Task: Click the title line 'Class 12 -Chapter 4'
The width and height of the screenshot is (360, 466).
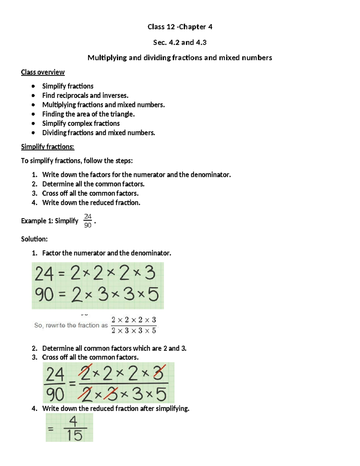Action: (180, 27)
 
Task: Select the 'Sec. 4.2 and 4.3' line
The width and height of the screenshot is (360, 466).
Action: (180, 43)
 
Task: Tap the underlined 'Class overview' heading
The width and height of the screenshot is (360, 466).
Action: (43, 72)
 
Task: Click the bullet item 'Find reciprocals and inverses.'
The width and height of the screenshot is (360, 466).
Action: (85, 95)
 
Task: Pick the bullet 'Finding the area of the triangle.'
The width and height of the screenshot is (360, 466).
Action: (88, 114)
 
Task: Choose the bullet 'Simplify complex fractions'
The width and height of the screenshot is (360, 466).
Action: (81, 123)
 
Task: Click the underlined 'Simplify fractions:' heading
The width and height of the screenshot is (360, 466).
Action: (47, 147)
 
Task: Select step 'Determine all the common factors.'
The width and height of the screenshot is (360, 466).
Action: (93, 184)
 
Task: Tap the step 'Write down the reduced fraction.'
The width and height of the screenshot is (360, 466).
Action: (91, 203)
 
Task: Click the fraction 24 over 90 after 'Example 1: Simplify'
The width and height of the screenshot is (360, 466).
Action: (88, 221)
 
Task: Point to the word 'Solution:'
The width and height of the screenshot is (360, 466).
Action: (34, 239)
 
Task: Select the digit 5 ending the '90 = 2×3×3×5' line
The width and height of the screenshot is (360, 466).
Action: (153, 295)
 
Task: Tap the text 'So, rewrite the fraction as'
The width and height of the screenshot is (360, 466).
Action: (71, 325)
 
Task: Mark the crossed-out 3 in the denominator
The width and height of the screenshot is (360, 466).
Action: (111, 394)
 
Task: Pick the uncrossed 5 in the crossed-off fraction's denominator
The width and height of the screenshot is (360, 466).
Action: (161, 394)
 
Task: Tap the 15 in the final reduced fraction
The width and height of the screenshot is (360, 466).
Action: (74, 435)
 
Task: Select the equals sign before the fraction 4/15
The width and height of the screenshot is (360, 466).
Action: (51, 429)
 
